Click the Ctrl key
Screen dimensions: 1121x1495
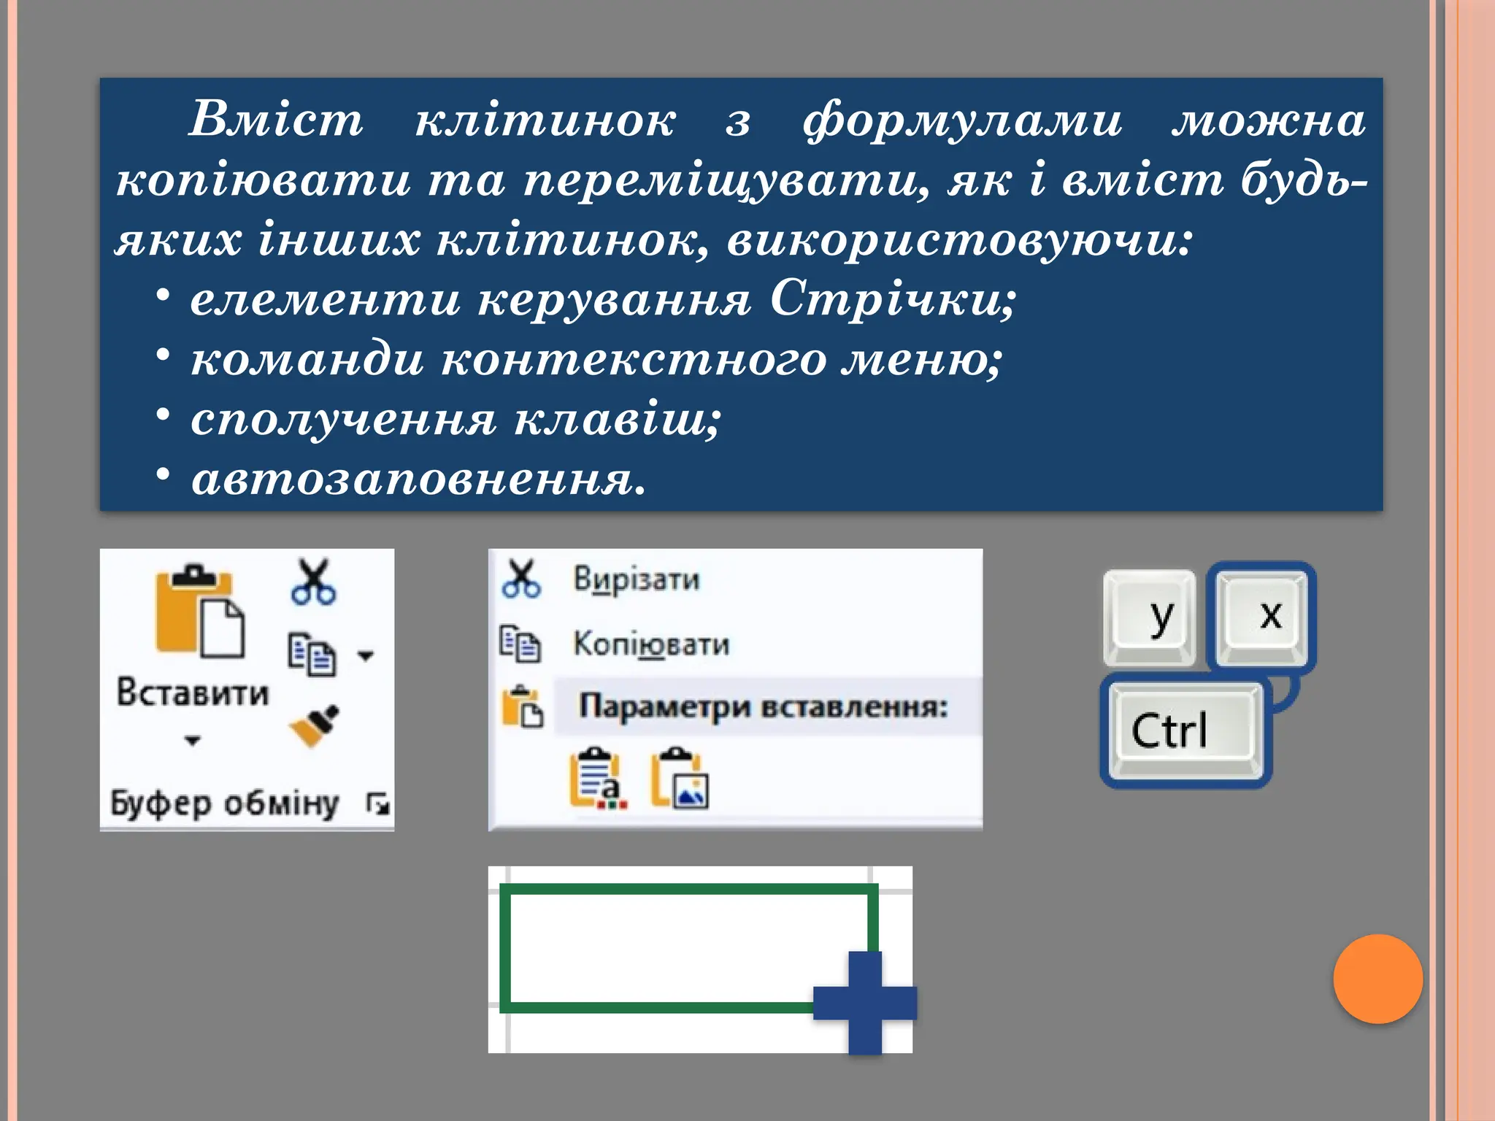[1185, 731]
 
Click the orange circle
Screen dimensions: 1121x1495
[1377, 979]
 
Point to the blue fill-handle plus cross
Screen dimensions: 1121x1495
[865, 1002]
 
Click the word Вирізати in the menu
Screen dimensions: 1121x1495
[636, 579]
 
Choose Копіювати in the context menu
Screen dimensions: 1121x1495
[650, 644]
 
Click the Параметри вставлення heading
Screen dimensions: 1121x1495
[763, 706]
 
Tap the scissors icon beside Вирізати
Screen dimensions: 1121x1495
[521, 579]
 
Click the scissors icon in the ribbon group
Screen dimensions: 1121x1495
[313, 582]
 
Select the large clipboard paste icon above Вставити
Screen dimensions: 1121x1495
[199, 612]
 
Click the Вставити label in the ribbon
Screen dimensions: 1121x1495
[193, 692]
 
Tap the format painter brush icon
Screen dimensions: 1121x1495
[315, 725]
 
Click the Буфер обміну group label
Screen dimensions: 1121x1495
[225, 804]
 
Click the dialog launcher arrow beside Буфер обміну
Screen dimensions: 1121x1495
[378, 804]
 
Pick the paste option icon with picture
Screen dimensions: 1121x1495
[680, 779]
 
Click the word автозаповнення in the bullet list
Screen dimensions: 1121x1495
[418, 480]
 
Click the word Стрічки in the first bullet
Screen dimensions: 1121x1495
[893, 299]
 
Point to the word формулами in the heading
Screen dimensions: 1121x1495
[962, 120]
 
